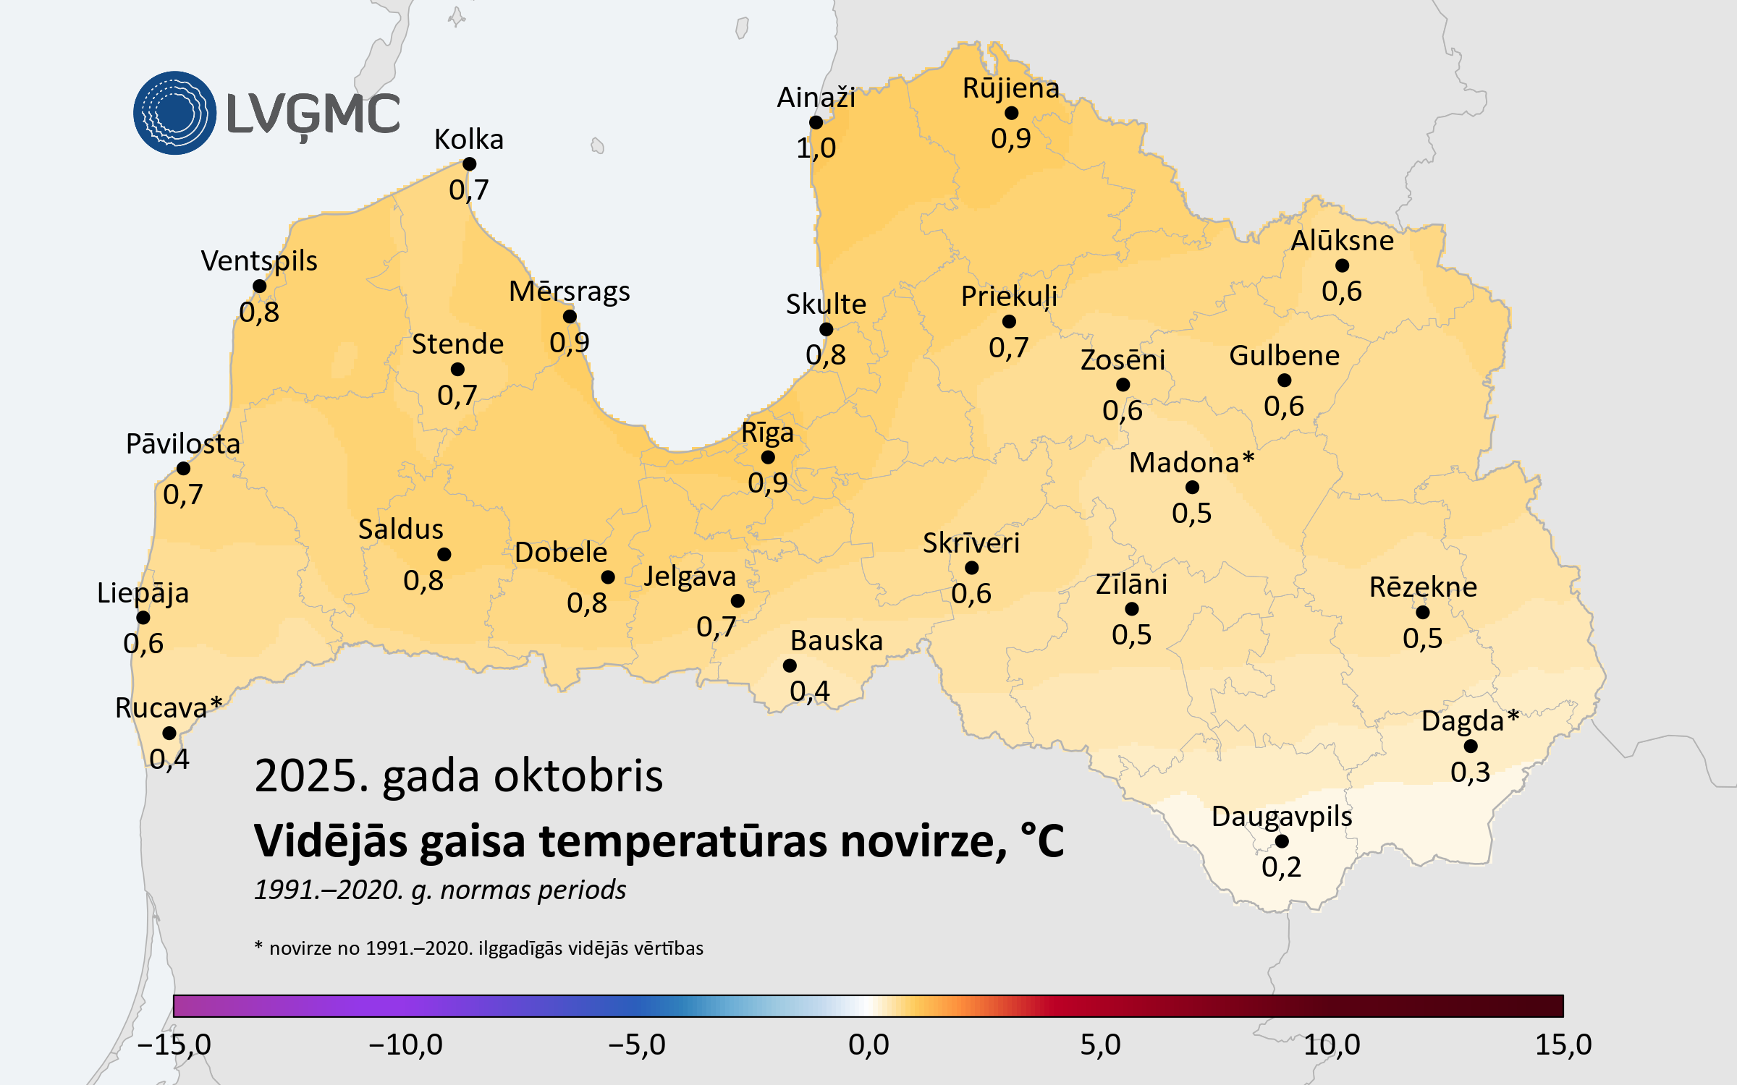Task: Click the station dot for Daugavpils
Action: [1282, 841]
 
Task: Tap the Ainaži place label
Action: [816, 98]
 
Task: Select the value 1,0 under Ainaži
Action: [816, 148]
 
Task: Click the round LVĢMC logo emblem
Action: [174, 113]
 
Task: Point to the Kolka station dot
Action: [469, 164]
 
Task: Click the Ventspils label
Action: [259, 260]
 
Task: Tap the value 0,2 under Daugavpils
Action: [1281, 867]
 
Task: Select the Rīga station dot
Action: [768, 457]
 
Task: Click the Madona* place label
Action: [1191, 462]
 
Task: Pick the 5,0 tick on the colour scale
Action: [1100, 1044]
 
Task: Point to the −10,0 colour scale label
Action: [405, 1044]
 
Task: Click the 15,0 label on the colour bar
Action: [1563, 1044]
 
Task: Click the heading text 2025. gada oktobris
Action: [458, 776]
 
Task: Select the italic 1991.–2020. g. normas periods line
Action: [440, 890]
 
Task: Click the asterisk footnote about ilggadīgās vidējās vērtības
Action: [478, 948]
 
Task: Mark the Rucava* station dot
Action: [169, 733]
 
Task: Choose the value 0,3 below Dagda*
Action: [1470, 772]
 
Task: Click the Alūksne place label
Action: [1342, 240]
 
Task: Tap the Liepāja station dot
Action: [143, 618]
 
